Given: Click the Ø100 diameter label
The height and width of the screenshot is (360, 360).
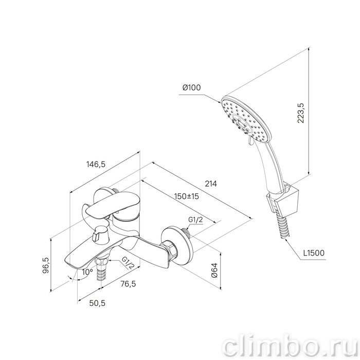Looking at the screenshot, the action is click(191, 87).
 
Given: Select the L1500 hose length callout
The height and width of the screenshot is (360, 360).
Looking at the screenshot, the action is click(314, 253).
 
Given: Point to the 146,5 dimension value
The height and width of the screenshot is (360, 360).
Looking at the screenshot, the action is click(96, 164).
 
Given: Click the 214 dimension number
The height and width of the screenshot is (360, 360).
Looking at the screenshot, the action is click(210, 184).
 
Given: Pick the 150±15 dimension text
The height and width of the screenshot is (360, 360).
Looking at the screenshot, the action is click(186, 196).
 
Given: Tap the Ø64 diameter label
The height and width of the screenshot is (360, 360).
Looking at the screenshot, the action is click(215, 270).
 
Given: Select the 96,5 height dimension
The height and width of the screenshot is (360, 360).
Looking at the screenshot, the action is click(46, 265).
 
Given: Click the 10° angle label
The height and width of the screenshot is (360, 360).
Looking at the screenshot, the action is click(87, 272).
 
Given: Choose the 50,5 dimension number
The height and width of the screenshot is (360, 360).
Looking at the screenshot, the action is click(97, 303).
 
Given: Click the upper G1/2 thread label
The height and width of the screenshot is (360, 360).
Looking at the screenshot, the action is click(195, 220).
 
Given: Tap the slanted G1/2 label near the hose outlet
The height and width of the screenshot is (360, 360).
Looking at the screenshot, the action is click(128, 263).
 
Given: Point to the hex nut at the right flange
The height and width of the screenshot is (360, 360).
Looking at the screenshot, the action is click(169, 249).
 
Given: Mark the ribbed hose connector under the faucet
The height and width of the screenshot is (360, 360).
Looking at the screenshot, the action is click(101, 272).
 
